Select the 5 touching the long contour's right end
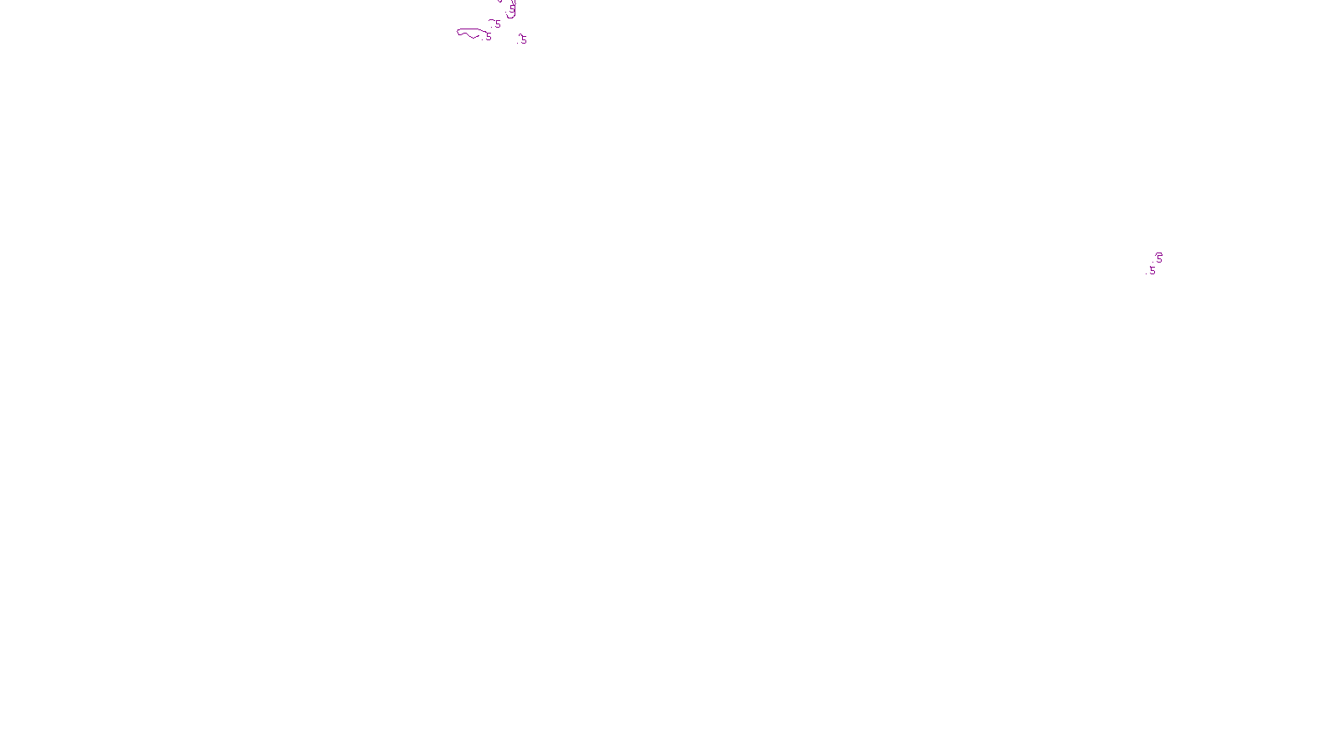489,36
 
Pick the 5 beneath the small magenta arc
498,24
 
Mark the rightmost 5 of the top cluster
523,39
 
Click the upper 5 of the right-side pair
1159,259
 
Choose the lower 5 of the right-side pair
1152,271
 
